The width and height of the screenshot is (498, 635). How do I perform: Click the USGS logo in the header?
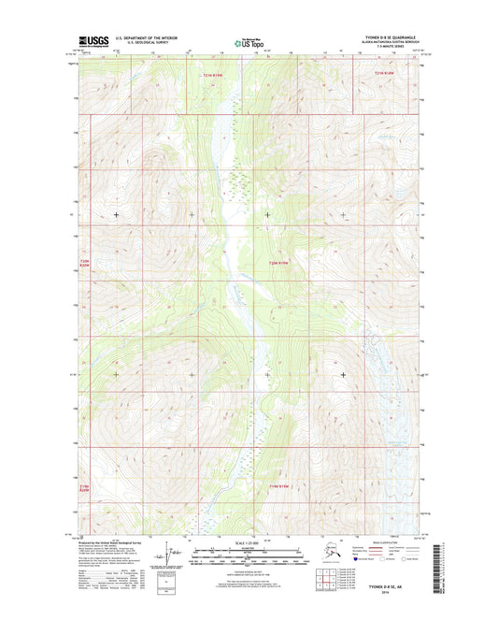92,41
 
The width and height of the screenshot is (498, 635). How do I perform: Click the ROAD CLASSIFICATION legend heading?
385,542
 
